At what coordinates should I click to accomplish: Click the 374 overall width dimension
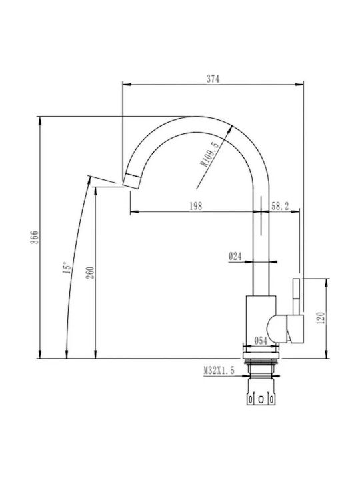(213, 79)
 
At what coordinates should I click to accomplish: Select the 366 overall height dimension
(35, 237)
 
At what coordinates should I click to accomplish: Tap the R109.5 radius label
(210, 154)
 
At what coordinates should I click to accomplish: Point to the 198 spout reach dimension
(195, 206)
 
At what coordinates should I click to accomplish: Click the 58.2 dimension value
(280, 206)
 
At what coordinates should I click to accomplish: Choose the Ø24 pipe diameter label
(235, 256)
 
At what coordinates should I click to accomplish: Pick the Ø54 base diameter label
(261, 341)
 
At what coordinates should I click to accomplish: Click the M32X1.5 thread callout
(219, 371)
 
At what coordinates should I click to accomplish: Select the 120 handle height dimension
(321, 318)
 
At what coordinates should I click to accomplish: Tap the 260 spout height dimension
(91, 273)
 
